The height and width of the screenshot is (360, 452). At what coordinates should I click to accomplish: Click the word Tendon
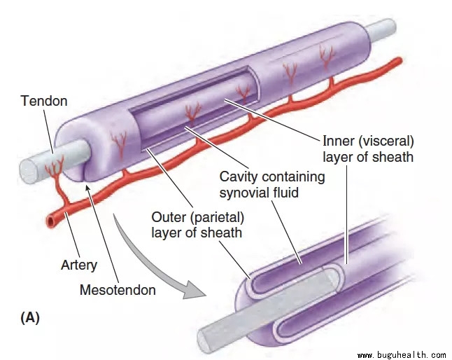[43, 102]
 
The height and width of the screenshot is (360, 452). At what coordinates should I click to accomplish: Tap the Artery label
[78, 265]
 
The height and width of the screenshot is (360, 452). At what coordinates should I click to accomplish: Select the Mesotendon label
[118, 289]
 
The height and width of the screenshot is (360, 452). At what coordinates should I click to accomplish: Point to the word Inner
[338, 142]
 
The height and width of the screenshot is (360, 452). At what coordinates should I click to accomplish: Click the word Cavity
[240, 176]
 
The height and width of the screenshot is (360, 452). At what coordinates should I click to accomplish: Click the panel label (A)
[29, 317]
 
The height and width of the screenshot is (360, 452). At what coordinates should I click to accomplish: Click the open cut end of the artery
[52, 222]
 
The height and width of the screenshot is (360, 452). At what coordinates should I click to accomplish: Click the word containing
[293, 176]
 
